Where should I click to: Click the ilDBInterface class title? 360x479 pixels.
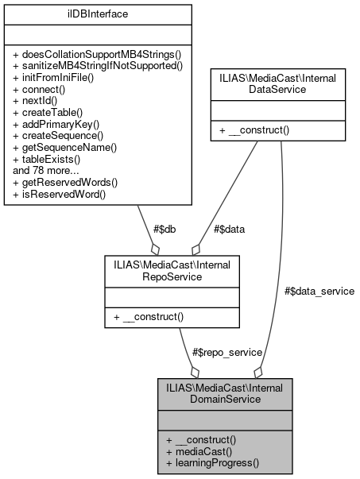pos(99,14)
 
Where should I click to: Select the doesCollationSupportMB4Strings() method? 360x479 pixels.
pos(98,53)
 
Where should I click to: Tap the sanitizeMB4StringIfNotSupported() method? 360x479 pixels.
pos(98,65)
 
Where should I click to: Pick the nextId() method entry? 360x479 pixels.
pos(36,101)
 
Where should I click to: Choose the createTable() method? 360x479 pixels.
pos(47,113)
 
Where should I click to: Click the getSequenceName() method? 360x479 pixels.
pos(65,148)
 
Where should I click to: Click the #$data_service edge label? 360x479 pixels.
pos(319,292)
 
